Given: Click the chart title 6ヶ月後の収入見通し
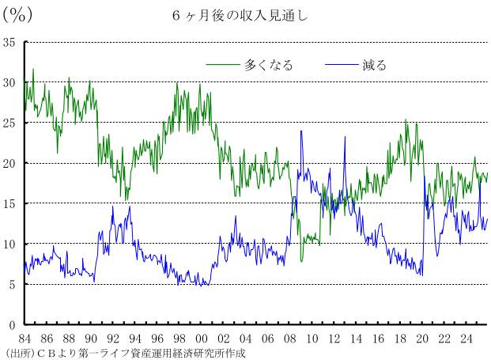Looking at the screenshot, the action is [240, 16].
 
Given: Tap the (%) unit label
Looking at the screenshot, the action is [17, 15].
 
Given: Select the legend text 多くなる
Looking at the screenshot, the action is [268, 65].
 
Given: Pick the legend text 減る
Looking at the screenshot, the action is [375, 65].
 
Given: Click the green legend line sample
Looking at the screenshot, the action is [223, 65].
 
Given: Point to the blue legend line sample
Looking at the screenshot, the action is [342, 65].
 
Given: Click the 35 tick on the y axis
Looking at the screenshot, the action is [9, 42].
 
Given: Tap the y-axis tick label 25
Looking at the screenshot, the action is [9, 123].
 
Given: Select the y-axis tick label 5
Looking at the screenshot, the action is [12, 285].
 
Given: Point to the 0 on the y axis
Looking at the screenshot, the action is [12, 325].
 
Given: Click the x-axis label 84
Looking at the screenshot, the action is [25, 339].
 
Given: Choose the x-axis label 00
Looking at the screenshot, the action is [202, 339].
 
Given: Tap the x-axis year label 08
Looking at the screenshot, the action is [289, 339].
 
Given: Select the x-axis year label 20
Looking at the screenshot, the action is [422, 339].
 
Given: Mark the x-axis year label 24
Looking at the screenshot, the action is [466, 339].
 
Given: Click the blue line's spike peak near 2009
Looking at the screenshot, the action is [301, 131].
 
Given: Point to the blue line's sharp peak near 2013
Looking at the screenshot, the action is [345, 137].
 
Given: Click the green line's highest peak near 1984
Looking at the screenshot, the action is [33, 69].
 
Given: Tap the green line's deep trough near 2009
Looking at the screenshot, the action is [301, 261].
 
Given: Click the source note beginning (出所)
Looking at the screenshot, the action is [126, 354].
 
